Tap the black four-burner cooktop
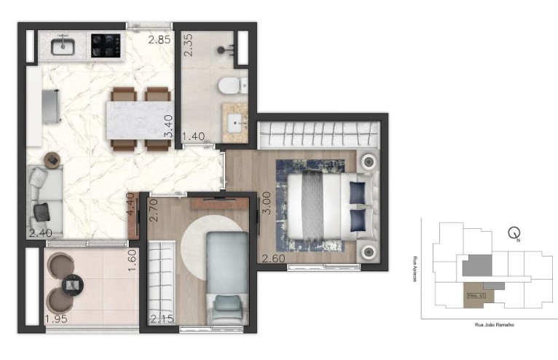(105, 47)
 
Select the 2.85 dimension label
(160, 40)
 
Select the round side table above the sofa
(53, 158)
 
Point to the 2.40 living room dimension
(41, 234)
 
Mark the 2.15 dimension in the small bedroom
(162, 318)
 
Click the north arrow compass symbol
(516, 234)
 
